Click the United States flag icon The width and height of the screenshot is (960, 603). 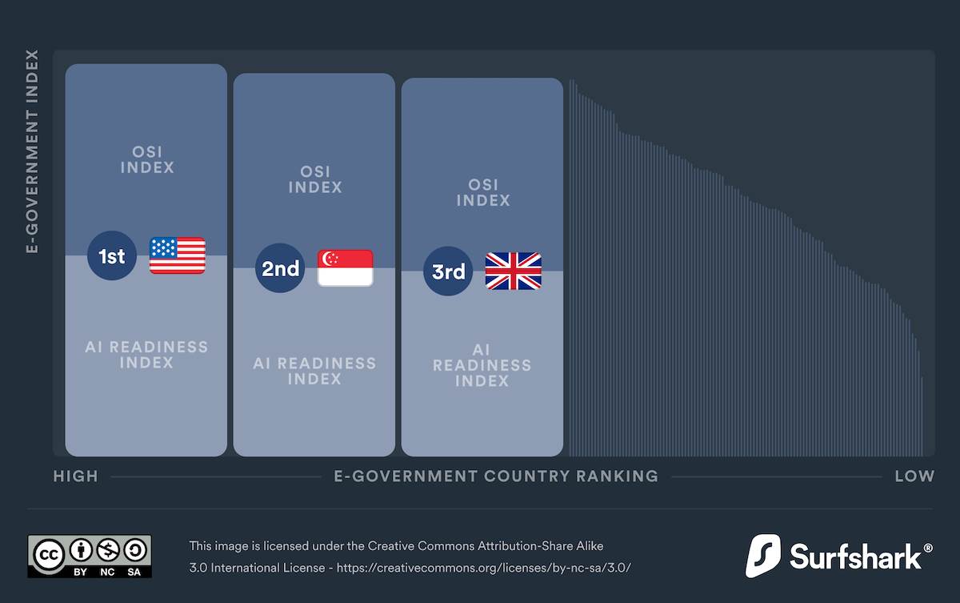coord(178,256)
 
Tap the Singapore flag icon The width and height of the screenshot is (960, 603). coord(346,268)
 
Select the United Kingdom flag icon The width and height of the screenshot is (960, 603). coord(514,271)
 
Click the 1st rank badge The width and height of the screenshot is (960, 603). coord(112,256)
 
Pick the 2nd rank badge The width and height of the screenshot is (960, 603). coord(280,268)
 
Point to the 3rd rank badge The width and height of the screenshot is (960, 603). coord(448,271)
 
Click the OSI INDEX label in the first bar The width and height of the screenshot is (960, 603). coord(146,159)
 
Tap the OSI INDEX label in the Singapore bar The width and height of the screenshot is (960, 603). coord(315,179)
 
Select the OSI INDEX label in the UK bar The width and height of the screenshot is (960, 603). coord(483,192)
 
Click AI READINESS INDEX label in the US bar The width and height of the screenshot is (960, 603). coord(146,355)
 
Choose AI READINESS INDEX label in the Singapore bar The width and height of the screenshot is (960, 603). coord(314,371)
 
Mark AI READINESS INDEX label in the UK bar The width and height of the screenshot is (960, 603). coord(482,365)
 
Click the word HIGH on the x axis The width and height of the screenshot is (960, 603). coord(76,476)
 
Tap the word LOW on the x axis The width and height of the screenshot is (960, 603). coord(914,476)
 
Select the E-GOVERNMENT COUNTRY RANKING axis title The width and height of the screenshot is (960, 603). coord(496,476)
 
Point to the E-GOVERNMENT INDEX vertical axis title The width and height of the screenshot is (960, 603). coord(33,152)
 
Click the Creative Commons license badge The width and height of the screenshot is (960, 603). coord(90,557)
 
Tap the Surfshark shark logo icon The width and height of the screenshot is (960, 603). coord(762,556)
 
